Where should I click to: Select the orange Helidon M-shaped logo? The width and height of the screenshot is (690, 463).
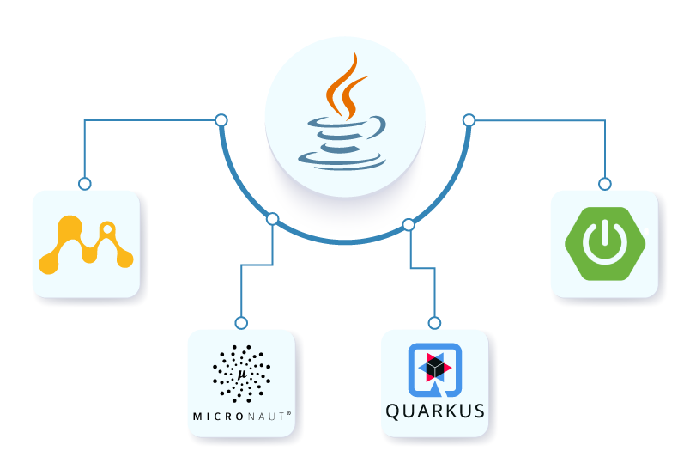pyautogui.click(x=86, y=245)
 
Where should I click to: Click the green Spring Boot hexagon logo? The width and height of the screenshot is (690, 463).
pyautogui.click(x=604, y=243)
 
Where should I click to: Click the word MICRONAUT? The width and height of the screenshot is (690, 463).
pyautogui.click(x=241, y=416)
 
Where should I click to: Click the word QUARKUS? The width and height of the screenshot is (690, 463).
pyautogui.click(x=434, y=411)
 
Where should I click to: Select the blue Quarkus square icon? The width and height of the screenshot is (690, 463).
pyautogui.click(x=434, y=370)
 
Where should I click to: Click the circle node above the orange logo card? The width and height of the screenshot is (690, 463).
pyautogui.click(x=84, y=183)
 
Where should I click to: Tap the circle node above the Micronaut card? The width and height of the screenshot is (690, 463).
pyautogui.click(x=241, y=323)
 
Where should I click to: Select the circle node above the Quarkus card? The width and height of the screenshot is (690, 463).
pyautogui.click(x=434, y=323)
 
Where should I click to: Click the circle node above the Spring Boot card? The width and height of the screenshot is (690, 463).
pyautogui.click(x=604, y=183)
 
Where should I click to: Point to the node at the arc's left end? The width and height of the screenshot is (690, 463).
pyautogui.click(x=221, y=119)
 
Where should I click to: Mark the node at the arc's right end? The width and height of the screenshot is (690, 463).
pyautogui.click(x=469, y=119)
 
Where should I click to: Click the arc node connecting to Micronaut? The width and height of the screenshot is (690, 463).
pyautogui.click(x=273, y=219)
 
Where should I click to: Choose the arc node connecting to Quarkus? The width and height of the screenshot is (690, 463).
pyautogui.click(x=409, y=225)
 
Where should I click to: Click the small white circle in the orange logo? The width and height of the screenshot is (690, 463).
pyautogui.click(x=107, y=230)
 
